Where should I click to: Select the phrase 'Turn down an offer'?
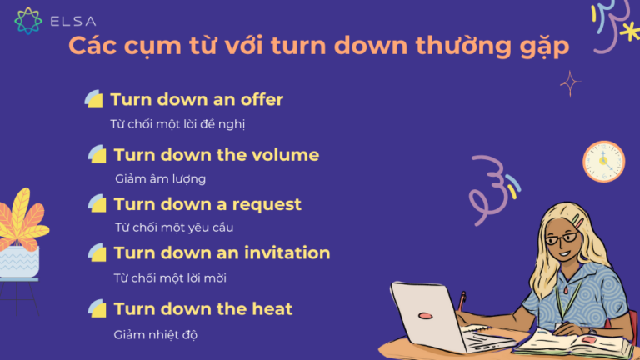[197, 100]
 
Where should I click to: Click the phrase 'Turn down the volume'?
[217, 155]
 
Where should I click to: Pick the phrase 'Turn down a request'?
[207, 204]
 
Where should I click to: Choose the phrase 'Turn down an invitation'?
[222, 252]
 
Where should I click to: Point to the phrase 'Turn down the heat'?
[203, 309]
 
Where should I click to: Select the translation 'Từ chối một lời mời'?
[170, 277]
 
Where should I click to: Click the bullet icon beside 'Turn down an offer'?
[93, 100]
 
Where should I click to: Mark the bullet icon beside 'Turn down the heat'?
[97, 309]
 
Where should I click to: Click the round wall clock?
[603, 162]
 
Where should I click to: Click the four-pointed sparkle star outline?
[571, 82]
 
